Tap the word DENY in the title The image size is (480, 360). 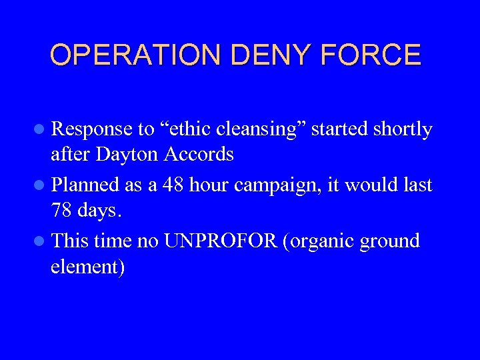(x=277, y=55)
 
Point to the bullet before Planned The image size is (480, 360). (x=41, y=185)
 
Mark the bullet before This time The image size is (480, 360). (x=41, y=241)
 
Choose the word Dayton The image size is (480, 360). (x=127, y=155)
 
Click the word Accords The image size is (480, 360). (x=198, y=155)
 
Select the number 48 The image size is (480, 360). (x=173, y=185)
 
